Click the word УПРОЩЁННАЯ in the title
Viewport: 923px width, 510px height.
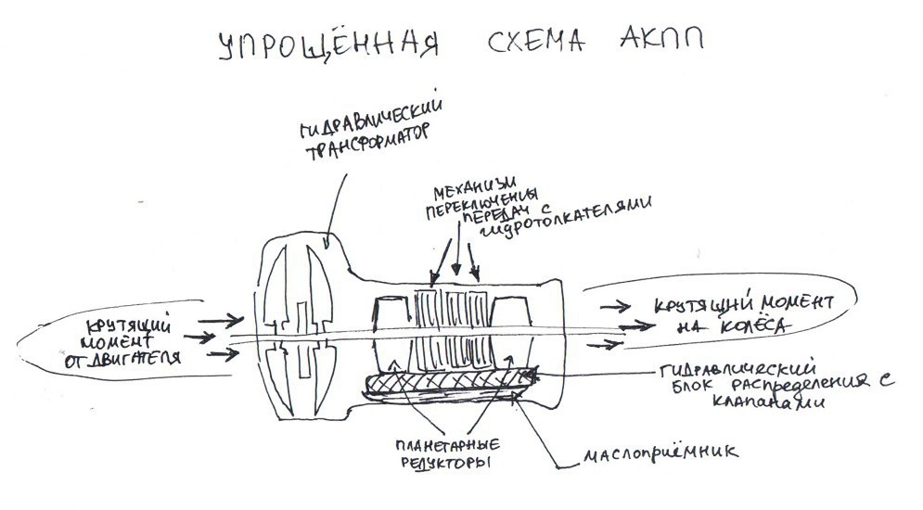(x=324, y=49)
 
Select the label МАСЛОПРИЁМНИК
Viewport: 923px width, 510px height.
(x=658, y=454)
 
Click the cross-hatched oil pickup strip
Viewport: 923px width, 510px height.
(x=445, y=382)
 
